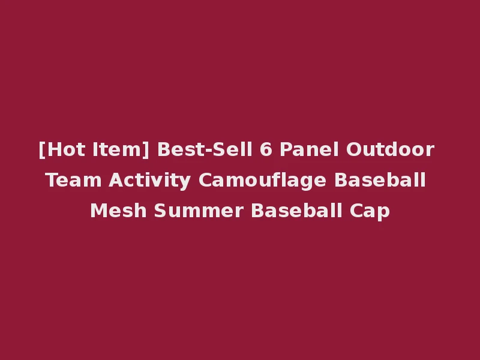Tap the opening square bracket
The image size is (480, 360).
[x=41, y=149]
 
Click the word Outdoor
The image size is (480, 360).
[x=390, y=149]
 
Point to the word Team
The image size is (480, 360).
[x=70, y=180]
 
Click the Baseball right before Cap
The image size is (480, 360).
[x=294, y=211]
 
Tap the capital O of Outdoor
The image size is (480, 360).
[x=353, y=149]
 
